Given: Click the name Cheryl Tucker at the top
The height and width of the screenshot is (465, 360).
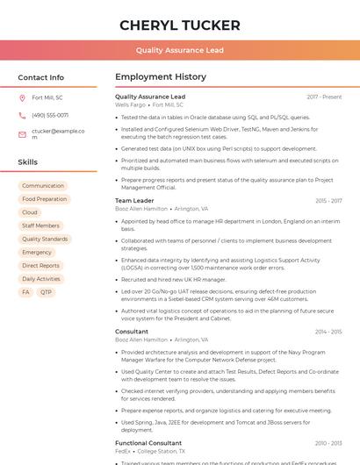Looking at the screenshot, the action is (179, 25).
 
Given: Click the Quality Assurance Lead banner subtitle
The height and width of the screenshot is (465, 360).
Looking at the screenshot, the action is (179, 51).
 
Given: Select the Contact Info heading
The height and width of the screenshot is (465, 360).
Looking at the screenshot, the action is (40, 77).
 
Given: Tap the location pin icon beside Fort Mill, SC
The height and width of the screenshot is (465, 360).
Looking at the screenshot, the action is (22, 97).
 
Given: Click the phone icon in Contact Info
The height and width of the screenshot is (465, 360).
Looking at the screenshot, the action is (22, 115).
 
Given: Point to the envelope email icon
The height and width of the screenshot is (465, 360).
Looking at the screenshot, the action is (22, 133).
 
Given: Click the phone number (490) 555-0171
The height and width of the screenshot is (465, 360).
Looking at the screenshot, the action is (50, 115).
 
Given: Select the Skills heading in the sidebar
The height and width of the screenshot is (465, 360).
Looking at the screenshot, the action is (27, 162).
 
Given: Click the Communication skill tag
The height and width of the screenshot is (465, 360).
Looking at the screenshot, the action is (43, 186).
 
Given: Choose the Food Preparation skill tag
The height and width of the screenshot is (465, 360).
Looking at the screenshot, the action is (45, 199).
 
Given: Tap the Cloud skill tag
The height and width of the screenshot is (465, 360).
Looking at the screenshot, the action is (30, 212).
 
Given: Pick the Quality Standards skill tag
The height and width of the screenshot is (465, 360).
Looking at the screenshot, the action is (45, 239).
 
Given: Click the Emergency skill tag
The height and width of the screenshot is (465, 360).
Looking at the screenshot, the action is (37, 252).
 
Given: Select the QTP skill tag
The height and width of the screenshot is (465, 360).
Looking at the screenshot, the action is (46, 292).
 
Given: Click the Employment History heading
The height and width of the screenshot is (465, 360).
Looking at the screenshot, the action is (161, 77).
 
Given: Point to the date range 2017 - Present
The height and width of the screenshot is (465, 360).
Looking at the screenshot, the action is (324, 97).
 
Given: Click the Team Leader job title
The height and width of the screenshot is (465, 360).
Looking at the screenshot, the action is (134, 201).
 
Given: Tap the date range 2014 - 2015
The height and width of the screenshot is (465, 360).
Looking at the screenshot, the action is (328, 332).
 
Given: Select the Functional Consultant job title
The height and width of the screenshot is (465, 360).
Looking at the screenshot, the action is (148, 443).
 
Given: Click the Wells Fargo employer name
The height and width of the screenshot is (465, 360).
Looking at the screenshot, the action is (131, 104).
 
